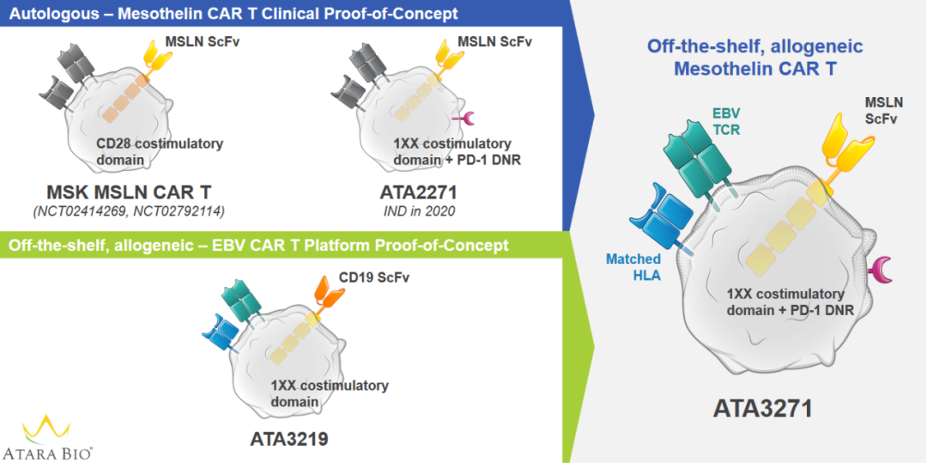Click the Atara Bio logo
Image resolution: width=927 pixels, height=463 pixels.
[47, 436]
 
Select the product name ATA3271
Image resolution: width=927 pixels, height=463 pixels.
[762, 407]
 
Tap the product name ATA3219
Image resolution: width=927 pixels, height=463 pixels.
[289, 439]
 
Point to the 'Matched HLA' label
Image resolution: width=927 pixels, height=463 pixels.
[633, 266]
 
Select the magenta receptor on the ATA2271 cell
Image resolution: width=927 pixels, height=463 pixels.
[465, 118]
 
